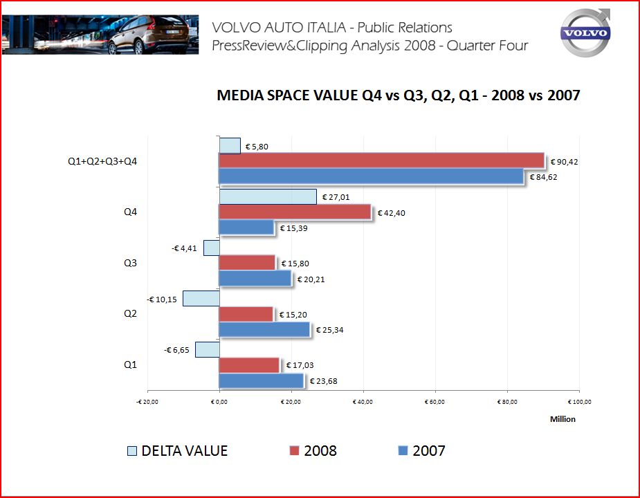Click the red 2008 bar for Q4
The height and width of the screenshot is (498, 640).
click(x=295, y=212)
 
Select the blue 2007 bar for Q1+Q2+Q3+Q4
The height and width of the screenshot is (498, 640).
click(x=371, y=176)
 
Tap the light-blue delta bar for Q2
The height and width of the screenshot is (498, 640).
click(x=201, y=299)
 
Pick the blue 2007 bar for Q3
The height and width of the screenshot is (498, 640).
click(x=255, y=278)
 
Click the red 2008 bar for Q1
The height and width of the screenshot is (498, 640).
click(x=248, y=365)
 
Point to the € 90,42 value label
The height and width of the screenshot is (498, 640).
click(x=564, y=162)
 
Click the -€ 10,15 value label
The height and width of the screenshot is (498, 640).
click(x=163, y=299)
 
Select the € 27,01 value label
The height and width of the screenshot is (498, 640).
click(x=336, y=197)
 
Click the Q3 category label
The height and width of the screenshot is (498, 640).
click(x=130, y=263)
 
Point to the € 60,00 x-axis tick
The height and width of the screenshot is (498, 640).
click(x=435, y=401)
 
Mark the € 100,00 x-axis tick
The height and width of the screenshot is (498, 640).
click(x=580, y=401)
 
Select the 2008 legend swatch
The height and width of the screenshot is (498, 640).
click(x=293, y=451)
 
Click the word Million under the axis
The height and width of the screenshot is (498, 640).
click(x=563, y=418)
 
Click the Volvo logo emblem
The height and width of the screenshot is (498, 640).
click(x=585, y=33)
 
